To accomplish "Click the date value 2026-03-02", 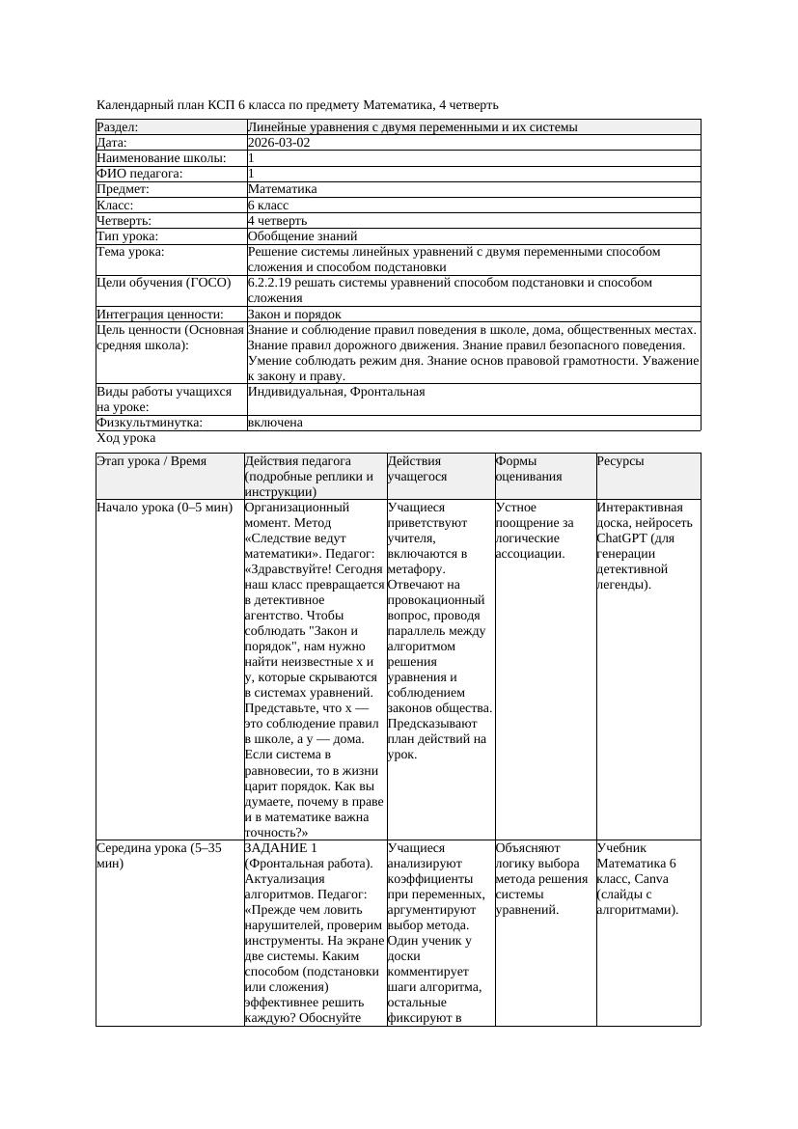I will [279, 143].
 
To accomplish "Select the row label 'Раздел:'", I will [118, 127].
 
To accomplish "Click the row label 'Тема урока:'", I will [130, 252].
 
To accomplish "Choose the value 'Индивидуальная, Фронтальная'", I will [336, 392].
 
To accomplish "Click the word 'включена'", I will [275, 423].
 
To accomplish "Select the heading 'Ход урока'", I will [126, 438].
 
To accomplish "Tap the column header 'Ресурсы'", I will [620, 461].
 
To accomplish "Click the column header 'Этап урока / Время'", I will [151, 461].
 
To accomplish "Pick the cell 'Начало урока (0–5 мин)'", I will [164, 508].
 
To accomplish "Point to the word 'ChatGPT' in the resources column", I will [623, 538].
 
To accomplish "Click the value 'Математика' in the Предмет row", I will [282, 189].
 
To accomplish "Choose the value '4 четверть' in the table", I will [278, 221].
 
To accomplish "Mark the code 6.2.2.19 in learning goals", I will [274, 283].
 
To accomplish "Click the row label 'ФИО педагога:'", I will [140, 174].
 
